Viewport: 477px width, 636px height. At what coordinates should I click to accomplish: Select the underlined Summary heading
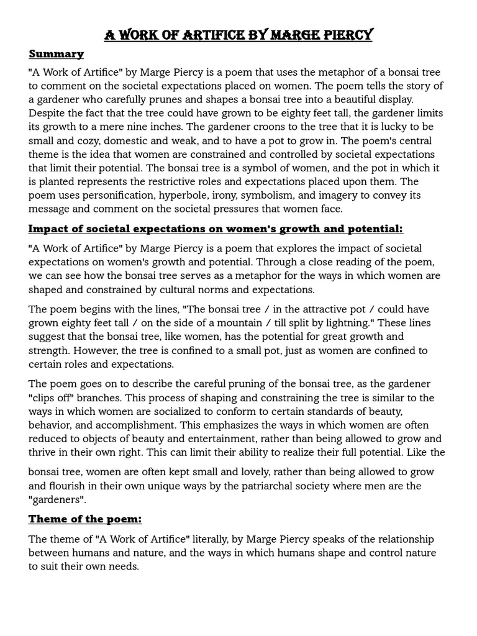point(56,54)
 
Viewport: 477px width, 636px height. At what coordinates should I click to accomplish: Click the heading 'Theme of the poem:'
point(85,519)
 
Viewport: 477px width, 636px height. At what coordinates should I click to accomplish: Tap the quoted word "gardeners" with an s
point(57,499)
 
